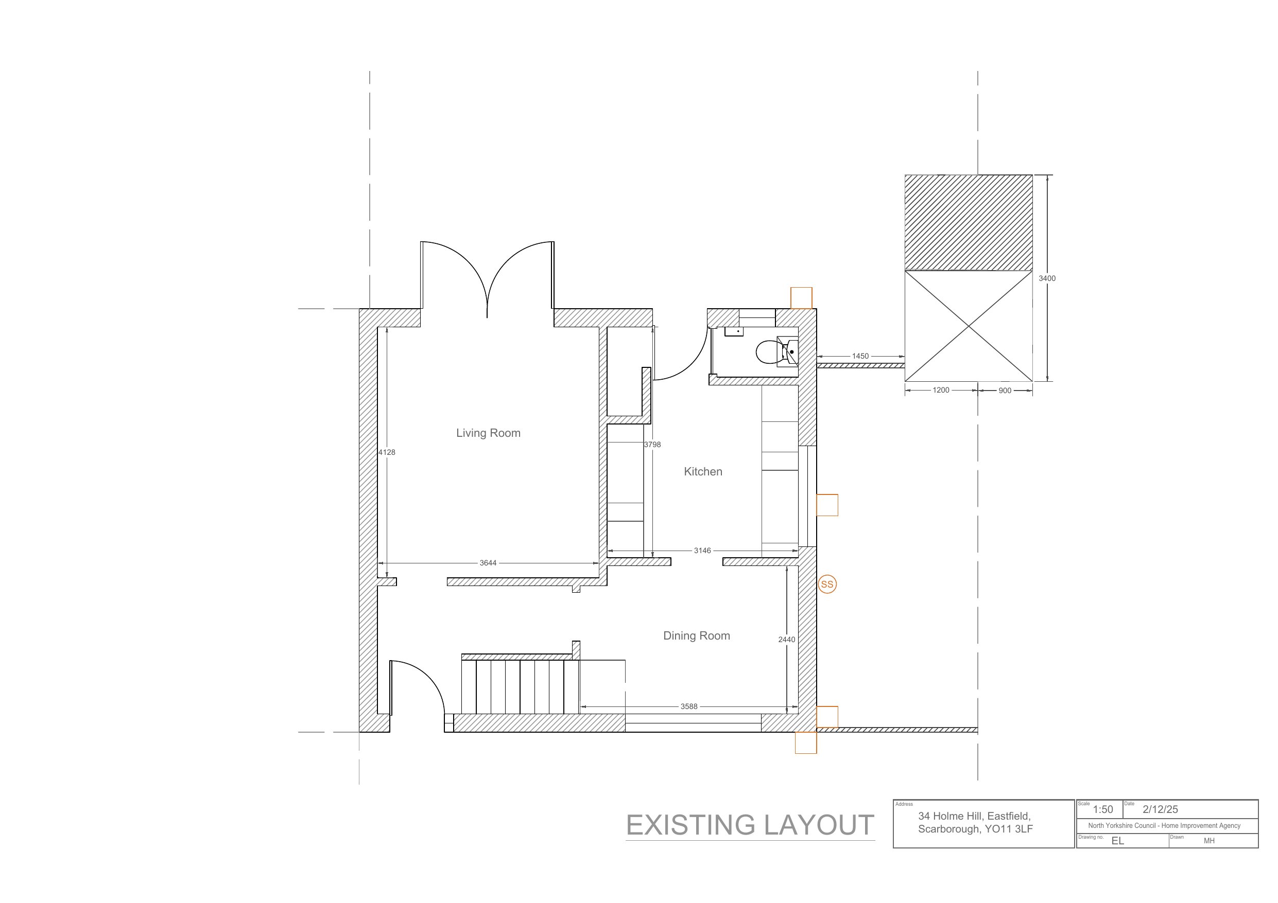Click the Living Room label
488,433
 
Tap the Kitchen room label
703,471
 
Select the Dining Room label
696,635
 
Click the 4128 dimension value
387,452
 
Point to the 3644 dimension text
488,563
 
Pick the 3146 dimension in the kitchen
702,550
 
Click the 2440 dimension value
786,639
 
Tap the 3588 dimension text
689,706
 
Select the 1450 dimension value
860,356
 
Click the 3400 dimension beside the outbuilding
1047,278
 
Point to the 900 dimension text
1005,391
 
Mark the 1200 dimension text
941,390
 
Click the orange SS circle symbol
827,584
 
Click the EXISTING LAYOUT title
750,825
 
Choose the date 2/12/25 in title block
1161,809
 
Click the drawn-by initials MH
1209,841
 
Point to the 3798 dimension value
652,445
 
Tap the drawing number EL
1118,841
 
